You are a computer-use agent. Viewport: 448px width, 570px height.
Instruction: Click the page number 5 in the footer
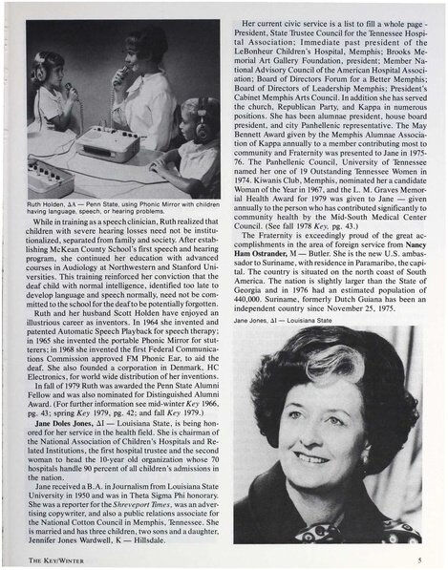click(x=419, y=561)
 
